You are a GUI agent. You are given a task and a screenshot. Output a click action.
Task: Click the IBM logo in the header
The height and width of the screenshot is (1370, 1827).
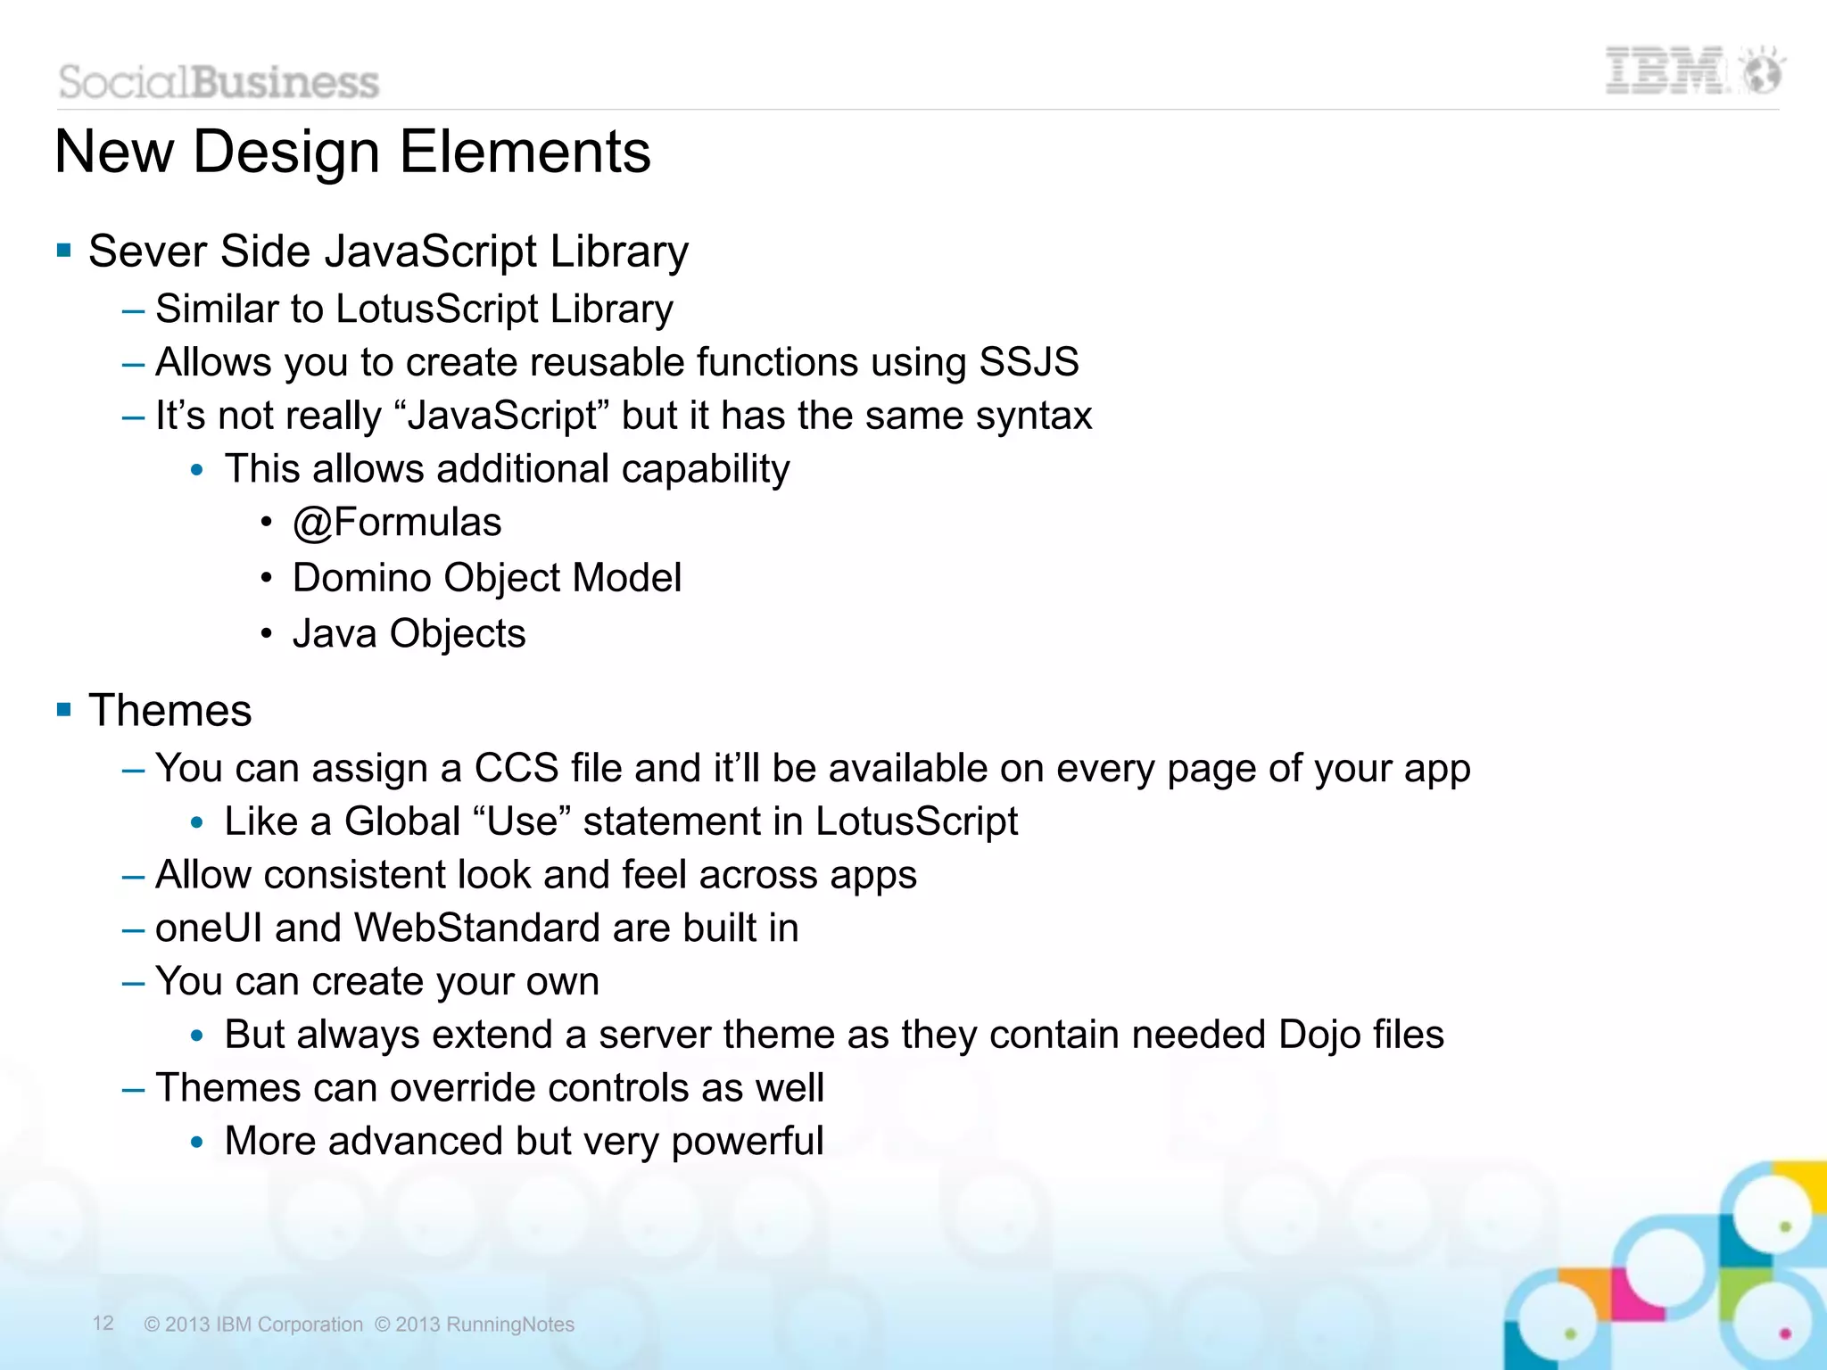1665,71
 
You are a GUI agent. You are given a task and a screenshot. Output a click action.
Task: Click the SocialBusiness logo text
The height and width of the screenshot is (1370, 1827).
219,82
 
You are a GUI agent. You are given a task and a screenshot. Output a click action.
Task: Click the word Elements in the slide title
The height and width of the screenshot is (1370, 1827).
525,152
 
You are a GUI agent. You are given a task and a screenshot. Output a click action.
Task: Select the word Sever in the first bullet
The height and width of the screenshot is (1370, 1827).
147,252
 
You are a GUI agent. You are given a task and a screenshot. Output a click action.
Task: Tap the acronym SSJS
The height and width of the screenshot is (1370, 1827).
1029,362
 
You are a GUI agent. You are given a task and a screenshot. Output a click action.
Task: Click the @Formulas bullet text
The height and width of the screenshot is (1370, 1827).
397,523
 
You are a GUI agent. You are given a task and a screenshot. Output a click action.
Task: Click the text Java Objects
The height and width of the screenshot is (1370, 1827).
409,634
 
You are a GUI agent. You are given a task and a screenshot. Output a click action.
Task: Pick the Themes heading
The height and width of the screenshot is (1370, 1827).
169,711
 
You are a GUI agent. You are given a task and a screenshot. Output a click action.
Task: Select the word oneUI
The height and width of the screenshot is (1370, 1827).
209,928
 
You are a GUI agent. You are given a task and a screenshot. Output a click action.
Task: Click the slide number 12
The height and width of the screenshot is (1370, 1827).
103,1323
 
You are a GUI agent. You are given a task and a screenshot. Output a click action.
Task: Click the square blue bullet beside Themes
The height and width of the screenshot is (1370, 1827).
63,710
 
